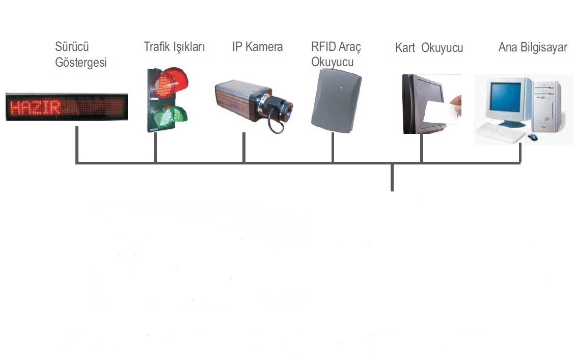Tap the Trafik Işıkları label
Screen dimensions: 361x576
point(174,47)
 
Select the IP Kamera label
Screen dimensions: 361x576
point(257,47)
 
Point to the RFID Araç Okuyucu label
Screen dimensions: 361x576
point(336,54)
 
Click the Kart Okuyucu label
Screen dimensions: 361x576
point(429,48)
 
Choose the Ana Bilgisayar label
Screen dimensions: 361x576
point(533,48)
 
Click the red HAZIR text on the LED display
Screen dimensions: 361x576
point(36,107)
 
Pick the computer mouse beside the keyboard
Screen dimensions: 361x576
point(533,137)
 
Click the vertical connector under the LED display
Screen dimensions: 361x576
point(76,145)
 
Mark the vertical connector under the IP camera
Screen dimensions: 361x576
point(244,148)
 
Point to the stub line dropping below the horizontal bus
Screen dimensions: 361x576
point(392,178)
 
